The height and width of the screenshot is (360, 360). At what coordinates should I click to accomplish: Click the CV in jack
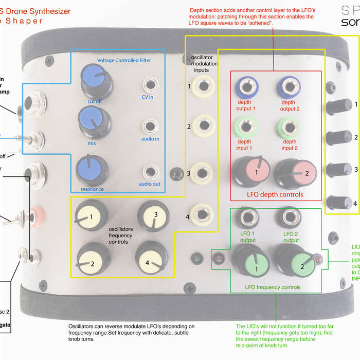click(151, 84)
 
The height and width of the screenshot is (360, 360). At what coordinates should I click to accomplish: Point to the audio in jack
click(150, 125)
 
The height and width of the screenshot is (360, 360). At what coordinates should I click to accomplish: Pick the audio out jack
click(150, 171)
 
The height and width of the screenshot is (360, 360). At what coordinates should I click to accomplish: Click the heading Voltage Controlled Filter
click(124, 60)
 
